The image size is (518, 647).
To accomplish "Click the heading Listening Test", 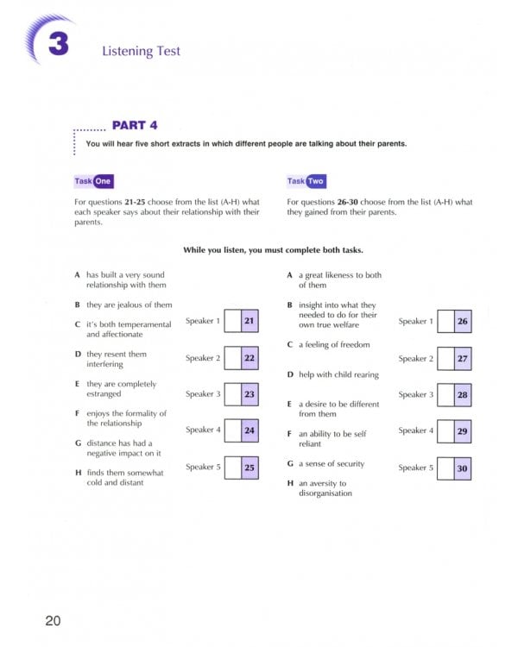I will tap(141, 51).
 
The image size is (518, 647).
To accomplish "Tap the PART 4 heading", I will tap(135, 125).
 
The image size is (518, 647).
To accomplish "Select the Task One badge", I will tap(93, 181).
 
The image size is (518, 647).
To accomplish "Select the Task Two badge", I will tap(306, 181).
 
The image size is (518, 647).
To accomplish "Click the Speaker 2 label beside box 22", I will tap(203, 358).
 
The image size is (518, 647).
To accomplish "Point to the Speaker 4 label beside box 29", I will tap(416, 430).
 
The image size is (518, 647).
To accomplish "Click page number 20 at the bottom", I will tap(54, 620).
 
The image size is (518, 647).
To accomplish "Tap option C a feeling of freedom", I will tap(328, 344).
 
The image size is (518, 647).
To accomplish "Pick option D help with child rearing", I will tap(332, 374).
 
